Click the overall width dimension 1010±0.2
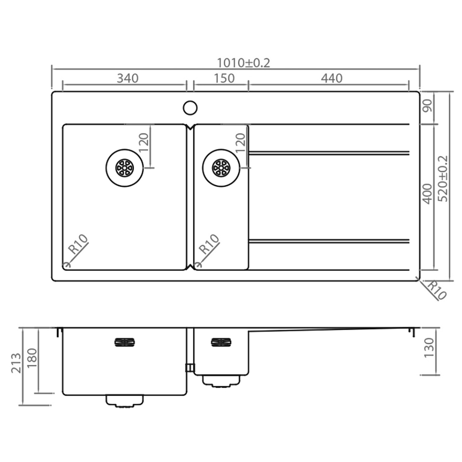coord(243,63)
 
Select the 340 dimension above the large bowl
coord(127,78)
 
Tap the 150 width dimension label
coord(224,78)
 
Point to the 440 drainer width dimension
coord(332,78)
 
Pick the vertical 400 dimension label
coord(428,194)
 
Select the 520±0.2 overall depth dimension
coord(443,179)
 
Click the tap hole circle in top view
coord(190,107)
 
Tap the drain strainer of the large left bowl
coord(124,167)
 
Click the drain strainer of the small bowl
coord(221,167)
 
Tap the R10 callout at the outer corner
coord(436,290)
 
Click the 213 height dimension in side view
coord(16,363)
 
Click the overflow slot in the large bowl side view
coord(124,342)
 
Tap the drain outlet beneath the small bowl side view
coord(221,381)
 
